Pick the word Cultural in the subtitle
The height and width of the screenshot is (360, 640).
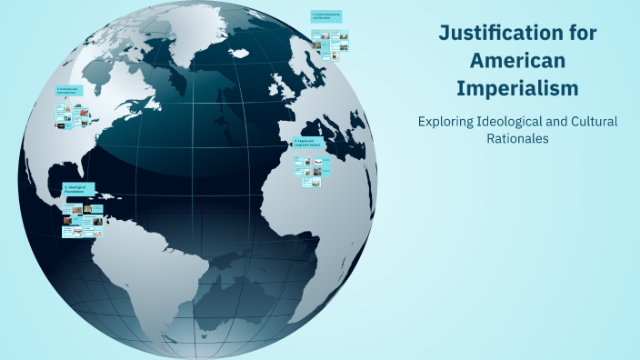[590, 122]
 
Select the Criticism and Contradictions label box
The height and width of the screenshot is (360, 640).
[69, 91]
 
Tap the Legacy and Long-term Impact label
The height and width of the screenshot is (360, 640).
[306, 143]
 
